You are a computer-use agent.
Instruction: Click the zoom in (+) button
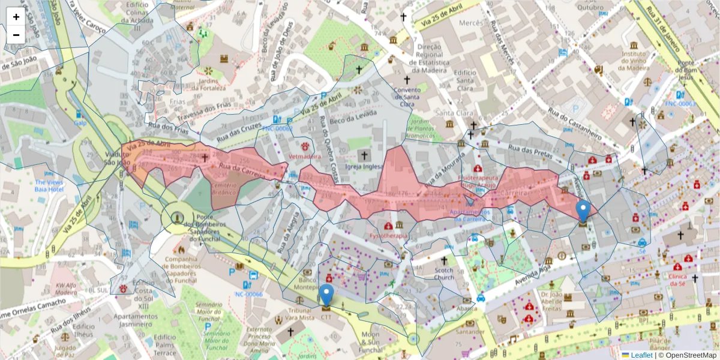[16, 16]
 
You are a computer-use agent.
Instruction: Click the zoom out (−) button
[16, 35]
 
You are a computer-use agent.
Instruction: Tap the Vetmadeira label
[305, 155]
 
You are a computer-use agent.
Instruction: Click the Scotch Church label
[444, 274]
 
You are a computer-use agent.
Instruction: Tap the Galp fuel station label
[80, 122]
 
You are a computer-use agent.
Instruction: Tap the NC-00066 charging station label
[249, 294]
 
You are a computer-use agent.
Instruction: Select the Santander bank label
[470, 332]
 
